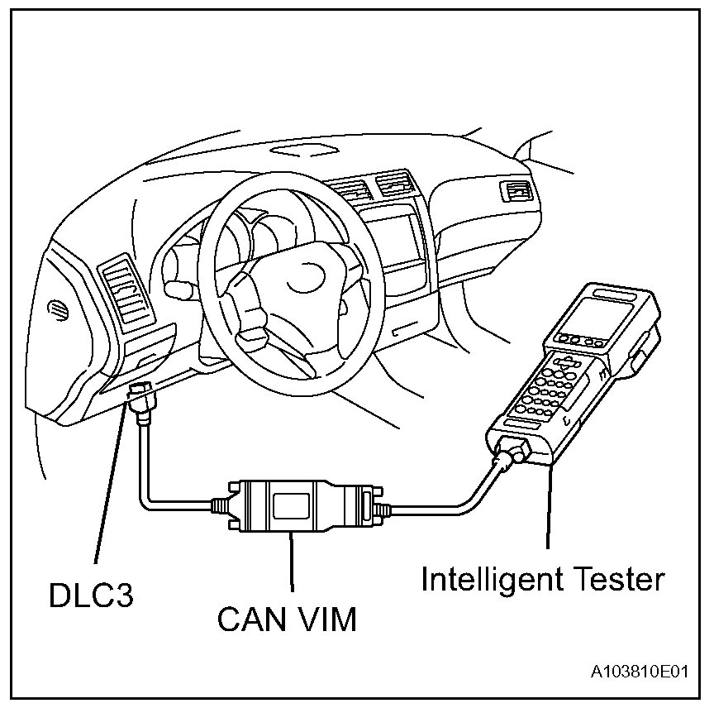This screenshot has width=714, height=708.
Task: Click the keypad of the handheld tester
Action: pos(545,389)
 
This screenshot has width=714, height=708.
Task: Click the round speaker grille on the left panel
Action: pos(58,309)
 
